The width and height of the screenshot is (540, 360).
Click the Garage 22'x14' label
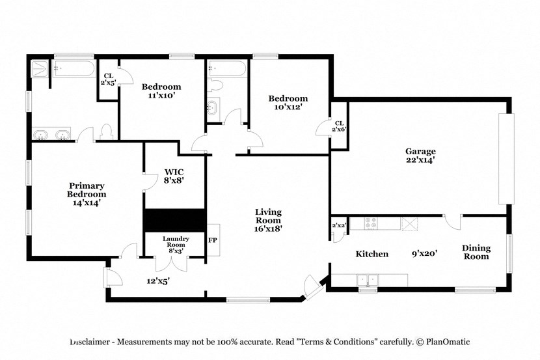pos(420,155)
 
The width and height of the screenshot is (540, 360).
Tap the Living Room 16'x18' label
pos(268,220)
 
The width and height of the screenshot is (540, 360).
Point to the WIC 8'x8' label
pos(174,176)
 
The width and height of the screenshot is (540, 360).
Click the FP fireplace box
pos(213,239)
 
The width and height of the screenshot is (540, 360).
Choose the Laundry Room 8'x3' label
pos(175,243)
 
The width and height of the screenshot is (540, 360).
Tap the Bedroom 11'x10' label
pos(161,90)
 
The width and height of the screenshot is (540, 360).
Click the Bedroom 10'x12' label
pos(288,103)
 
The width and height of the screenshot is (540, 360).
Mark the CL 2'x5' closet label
pos(107,79)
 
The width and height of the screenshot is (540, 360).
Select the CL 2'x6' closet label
pos(339,126)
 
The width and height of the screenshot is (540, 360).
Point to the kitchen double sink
pos(368,281)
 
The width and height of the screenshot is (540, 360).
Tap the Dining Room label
pos(476,252)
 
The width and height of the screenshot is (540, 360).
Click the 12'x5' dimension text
pos(157,281)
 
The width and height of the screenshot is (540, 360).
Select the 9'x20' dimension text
pos(423,254)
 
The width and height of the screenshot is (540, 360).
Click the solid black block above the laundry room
pos(174,219)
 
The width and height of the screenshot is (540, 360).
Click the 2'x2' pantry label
pos(338,225)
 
